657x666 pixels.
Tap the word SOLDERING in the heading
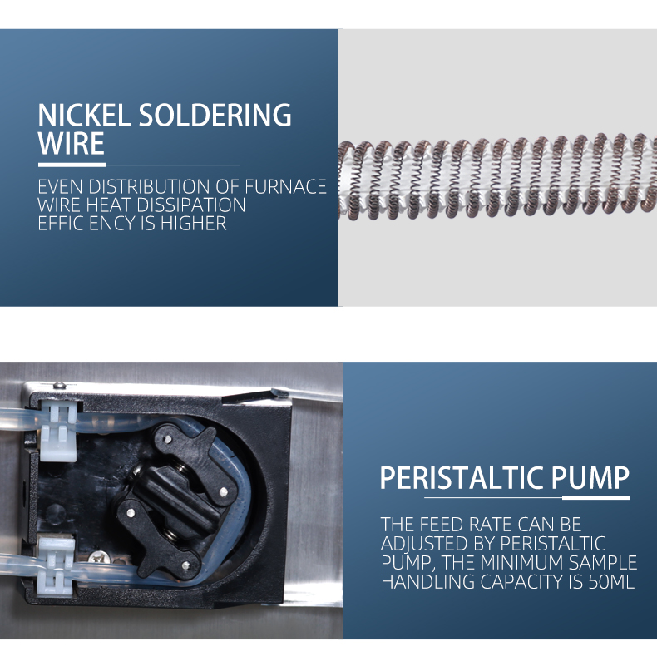215,115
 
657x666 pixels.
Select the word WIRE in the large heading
71,143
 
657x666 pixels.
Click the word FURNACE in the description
285,187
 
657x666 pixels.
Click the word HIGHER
194,224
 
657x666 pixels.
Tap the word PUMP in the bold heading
590,478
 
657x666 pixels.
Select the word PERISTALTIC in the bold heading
462,478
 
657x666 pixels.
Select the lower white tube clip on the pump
56,566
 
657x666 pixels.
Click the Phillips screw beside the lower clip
99,558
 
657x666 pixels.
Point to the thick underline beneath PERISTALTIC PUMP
595,497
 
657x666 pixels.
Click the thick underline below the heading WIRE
72,165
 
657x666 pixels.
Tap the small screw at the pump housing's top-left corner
60,386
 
